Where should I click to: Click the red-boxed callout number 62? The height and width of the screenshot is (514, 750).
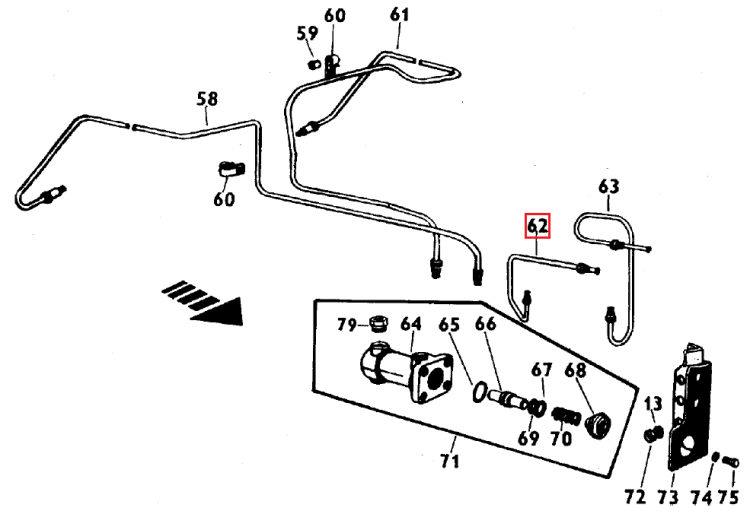pyautogui.click(x=538, y=226)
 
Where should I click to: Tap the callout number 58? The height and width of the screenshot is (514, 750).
pyautogui.click(x=207, y=99)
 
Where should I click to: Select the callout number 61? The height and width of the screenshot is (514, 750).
pyautogui.click(x=400, y=15)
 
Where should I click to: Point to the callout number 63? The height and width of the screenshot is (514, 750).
pyautogui.click(x=609, y=186)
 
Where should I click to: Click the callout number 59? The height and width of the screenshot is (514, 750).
pyautogui.click(x=306, y=34)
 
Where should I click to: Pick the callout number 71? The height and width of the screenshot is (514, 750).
pyautogui.click(x=450, y=461)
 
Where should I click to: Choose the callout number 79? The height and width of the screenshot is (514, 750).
pyautogui.click(x=347, y=325)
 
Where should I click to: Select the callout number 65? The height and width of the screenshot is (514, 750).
pyautogui.click(x=449, y=325)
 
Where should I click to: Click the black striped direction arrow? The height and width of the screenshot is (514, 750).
pyautogui.click(x=204, y=301)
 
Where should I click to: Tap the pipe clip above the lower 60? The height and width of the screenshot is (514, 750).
pyautogui.click(x=231, y=169)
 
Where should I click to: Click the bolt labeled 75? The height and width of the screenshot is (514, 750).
pyautogui.click(x=731, y=462)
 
